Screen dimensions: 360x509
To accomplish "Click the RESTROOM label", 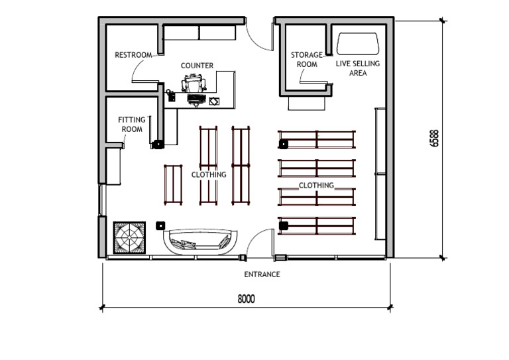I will coord(133,55).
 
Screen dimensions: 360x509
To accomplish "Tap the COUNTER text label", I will coord(197,66).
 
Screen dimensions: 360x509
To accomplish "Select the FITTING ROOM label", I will coord(132,124).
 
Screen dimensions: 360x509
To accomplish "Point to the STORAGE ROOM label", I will coord(307,60).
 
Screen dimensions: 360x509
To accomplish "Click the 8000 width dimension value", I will coord(246,299).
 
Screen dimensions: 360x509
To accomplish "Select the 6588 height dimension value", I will coord(434,138).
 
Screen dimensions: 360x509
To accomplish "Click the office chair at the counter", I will coord(194,84).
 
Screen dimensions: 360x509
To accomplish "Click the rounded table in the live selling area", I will coord(358,44).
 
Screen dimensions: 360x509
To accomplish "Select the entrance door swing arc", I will coord(260,239).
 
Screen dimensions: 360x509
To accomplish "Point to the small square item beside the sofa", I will coord(160,225).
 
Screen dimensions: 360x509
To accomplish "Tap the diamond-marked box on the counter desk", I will coord(213,101).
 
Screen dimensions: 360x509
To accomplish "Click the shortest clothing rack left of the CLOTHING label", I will coord(173,184).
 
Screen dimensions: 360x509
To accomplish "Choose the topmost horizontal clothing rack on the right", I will coord(317,139).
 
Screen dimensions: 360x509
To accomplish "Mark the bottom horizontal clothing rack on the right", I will coord(317,225).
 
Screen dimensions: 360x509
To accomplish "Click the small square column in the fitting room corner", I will coord(158,143).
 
